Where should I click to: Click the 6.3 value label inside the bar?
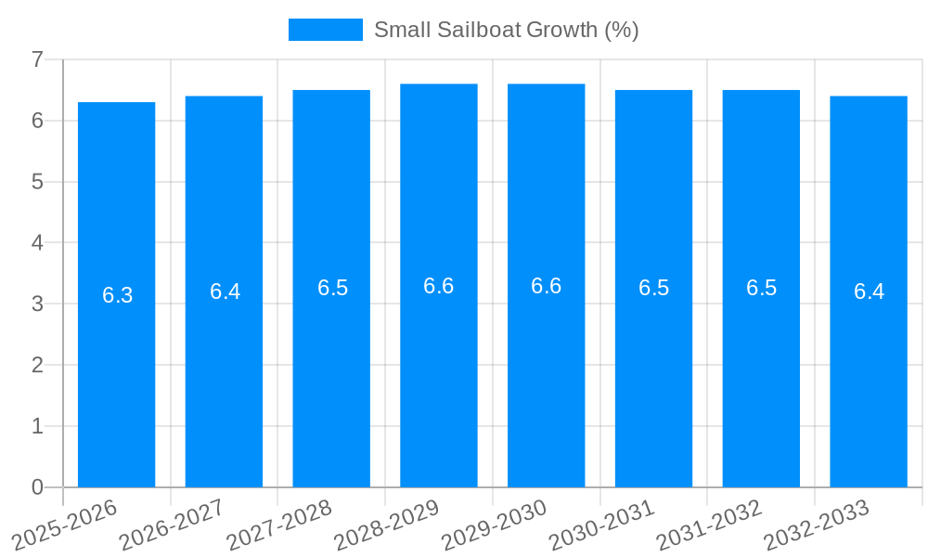118,295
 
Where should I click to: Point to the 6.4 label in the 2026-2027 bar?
225,291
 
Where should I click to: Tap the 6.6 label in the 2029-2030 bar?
546,286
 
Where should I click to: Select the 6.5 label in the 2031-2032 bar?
761,288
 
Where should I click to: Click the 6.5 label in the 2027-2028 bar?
332,288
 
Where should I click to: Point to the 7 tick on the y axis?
37,59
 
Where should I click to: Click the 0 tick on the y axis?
37,487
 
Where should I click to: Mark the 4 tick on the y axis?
37,242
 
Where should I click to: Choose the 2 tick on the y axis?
37,365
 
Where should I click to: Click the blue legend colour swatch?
326,30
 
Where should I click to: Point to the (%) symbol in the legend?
621,30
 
